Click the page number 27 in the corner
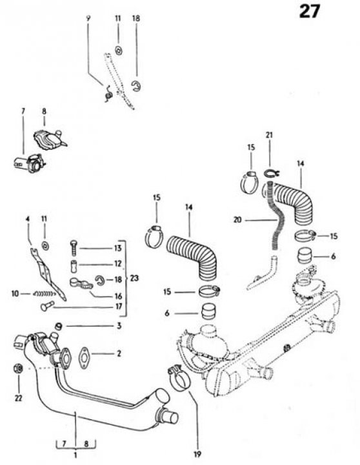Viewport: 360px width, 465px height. tap(309, 12)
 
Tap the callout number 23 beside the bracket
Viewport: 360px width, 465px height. tap(134, 278)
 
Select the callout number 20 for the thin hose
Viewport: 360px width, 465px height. tap(237, 220)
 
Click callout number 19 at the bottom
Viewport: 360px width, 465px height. tap(197, 454)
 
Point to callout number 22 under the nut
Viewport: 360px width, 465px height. tap(18, 398)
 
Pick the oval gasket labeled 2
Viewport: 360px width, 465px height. tap(84, 358)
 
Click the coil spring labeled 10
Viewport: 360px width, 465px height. tap(45, 294)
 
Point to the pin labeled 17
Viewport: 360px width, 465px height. tap(47, 305)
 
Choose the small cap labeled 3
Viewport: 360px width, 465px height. tap(59, 327)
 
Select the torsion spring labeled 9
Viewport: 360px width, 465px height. tap(108, 94)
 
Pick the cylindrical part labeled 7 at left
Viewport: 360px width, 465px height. tap(30, 163)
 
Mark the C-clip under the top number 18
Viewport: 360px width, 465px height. tap(136, 86)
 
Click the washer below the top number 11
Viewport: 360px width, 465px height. tap(119, 50)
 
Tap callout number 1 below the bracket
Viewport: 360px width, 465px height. tap(75, 455)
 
